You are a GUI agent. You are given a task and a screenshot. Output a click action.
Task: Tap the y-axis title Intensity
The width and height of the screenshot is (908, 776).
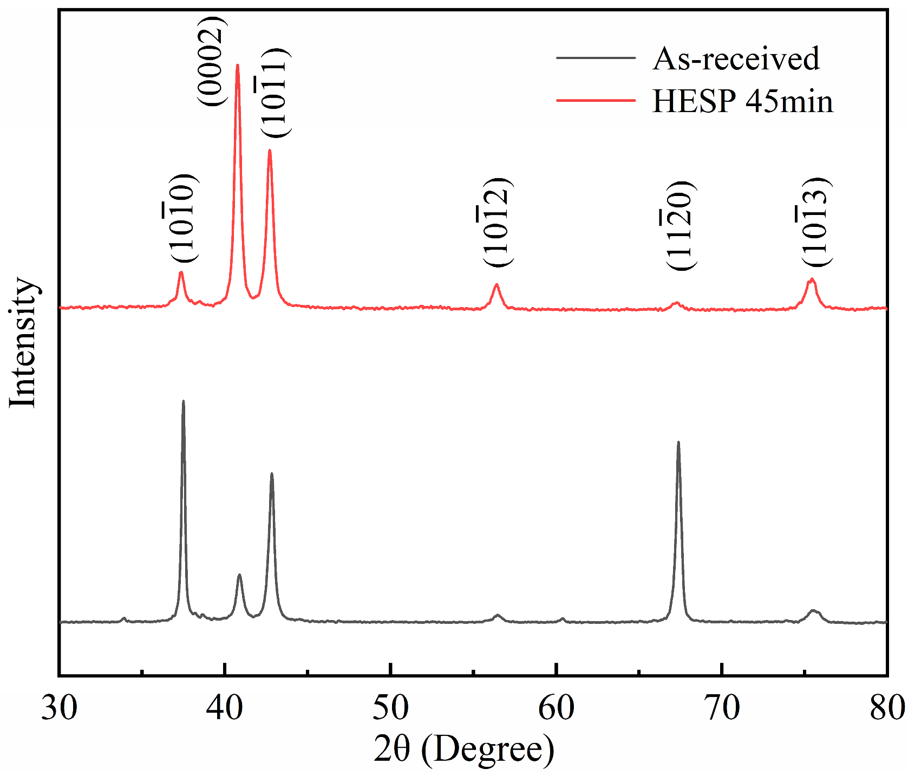pos(23,342)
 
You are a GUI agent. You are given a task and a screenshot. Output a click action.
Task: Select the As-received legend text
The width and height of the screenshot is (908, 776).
pos(736,58)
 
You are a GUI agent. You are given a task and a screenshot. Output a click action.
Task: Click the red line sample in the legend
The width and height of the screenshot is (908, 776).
pos(596,101)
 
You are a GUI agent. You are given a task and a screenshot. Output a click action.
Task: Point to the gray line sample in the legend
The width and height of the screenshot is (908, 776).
pos(596,58)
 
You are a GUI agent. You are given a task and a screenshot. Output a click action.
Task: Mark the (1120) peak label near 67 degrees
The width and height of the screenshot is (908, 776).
pos(680,225)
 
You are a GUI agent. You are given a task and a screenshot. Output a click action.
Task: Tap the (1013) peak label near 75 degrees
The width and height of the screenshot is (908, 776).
pos(815,221)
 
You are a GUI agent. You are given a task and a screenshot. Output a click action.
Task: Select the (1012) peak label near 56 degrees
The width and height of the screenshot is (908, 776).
pos(497,221)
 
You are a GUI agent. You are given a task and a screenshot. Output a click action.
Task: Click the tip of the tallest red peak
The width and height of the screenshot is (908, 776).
pos(237,65)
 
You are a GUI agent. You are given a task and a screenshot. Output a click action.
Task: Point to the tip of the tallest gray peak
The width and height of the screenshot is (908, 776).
pos(183,401)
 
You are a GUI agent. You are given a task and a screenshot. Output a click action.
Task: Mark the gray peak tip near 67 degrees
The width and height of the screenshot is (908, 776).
pos(678,442)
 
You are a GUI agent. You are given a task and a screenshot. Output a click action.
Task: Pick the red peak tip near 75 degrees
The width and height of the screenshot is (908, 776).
pos(811,279)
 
